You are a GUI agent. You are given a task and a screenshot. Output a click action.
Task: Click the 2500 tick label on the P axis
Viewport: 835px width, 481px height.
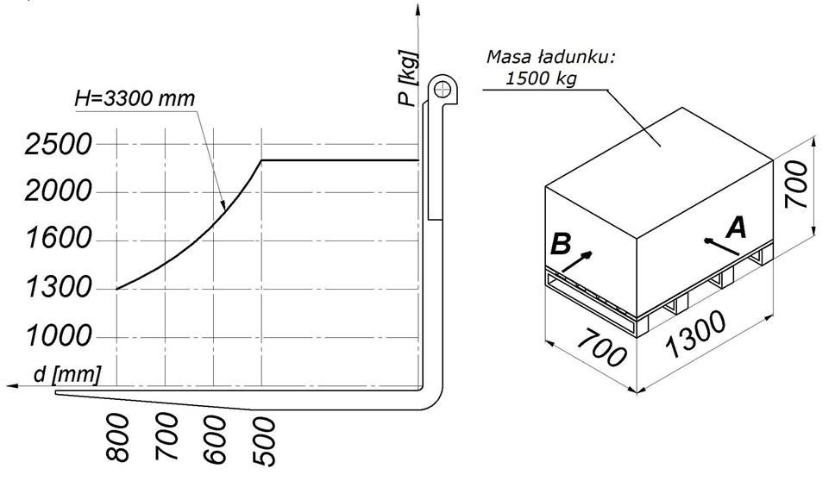(59, 144)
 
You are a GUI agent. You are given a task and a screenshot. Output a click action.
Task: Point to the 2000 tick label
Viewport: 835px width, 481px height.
(59, 191)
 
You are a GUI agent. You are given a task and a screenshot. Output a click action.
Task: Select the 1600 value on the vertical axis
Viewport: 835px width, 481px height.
(59, 238)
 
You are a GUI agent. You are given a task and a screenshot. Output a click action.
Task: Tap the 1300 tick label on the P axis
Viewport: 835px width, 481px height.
(59, 288)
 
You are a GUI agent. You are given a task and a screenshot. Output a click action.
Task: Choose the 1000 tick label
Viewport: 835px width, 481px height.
(59, 335)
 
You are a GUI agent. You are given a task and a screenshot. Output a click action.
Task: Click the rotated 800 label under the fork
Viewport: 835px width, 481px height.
(118, 438)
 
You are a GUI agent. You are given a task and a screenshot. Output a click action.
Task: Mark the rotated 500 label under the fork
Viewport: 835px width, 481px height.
(264, 441)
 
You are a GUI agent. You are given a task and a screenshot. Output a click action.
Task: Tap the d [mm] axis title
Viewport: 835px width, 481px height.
(66, 375)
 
